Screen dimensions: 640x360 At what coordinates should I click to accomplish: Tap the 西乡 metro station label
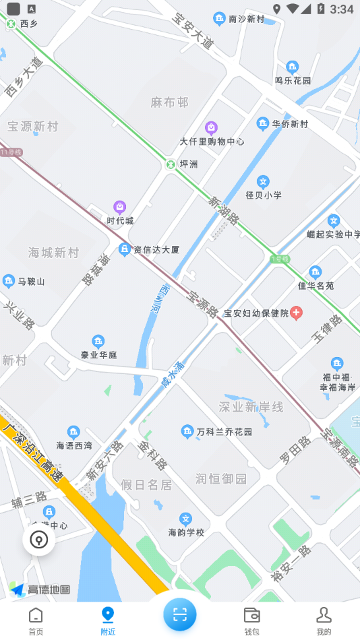click(29, 24)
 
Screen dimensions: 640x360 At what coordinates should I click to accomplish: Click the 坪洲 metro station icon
click(171, 164)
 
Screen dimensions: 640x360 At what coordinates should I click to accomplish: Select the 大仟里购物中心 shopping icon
click(211, 127)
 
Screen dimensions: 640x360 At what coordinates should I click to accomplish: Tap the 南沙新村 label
click(247, 19)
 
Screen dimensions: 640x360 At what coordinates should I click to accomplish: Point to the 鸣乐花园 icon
click(292, 67)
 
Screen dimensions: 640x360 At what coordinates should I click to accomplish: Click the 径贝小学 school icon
click(263, 181)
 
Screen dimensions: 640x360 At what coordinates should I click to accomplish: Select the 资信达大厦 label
click(156, 249)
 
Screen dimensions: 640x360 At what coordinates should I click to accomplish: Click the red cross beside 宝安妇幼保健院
click(296, 313)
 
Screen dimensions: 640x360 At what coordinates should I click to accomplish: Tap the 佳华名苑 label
click(316, 285)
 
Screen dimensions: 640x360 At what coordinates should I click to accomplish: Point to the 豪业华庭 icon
click(98, 341)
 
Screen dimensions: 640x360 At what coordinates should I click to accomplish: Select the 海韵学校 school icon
click(186, 519)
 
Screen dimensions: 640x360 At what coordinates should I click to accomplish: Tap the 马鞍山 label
click(31, 281)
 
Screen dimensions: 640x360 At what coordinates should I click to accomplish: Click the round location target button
click(38, 540)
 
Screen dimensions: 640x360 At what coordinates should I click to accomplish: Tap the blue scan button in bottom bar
click(180, 614)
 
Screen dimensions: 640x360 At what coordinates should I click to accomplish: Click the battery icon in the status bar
click(321, 9)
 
